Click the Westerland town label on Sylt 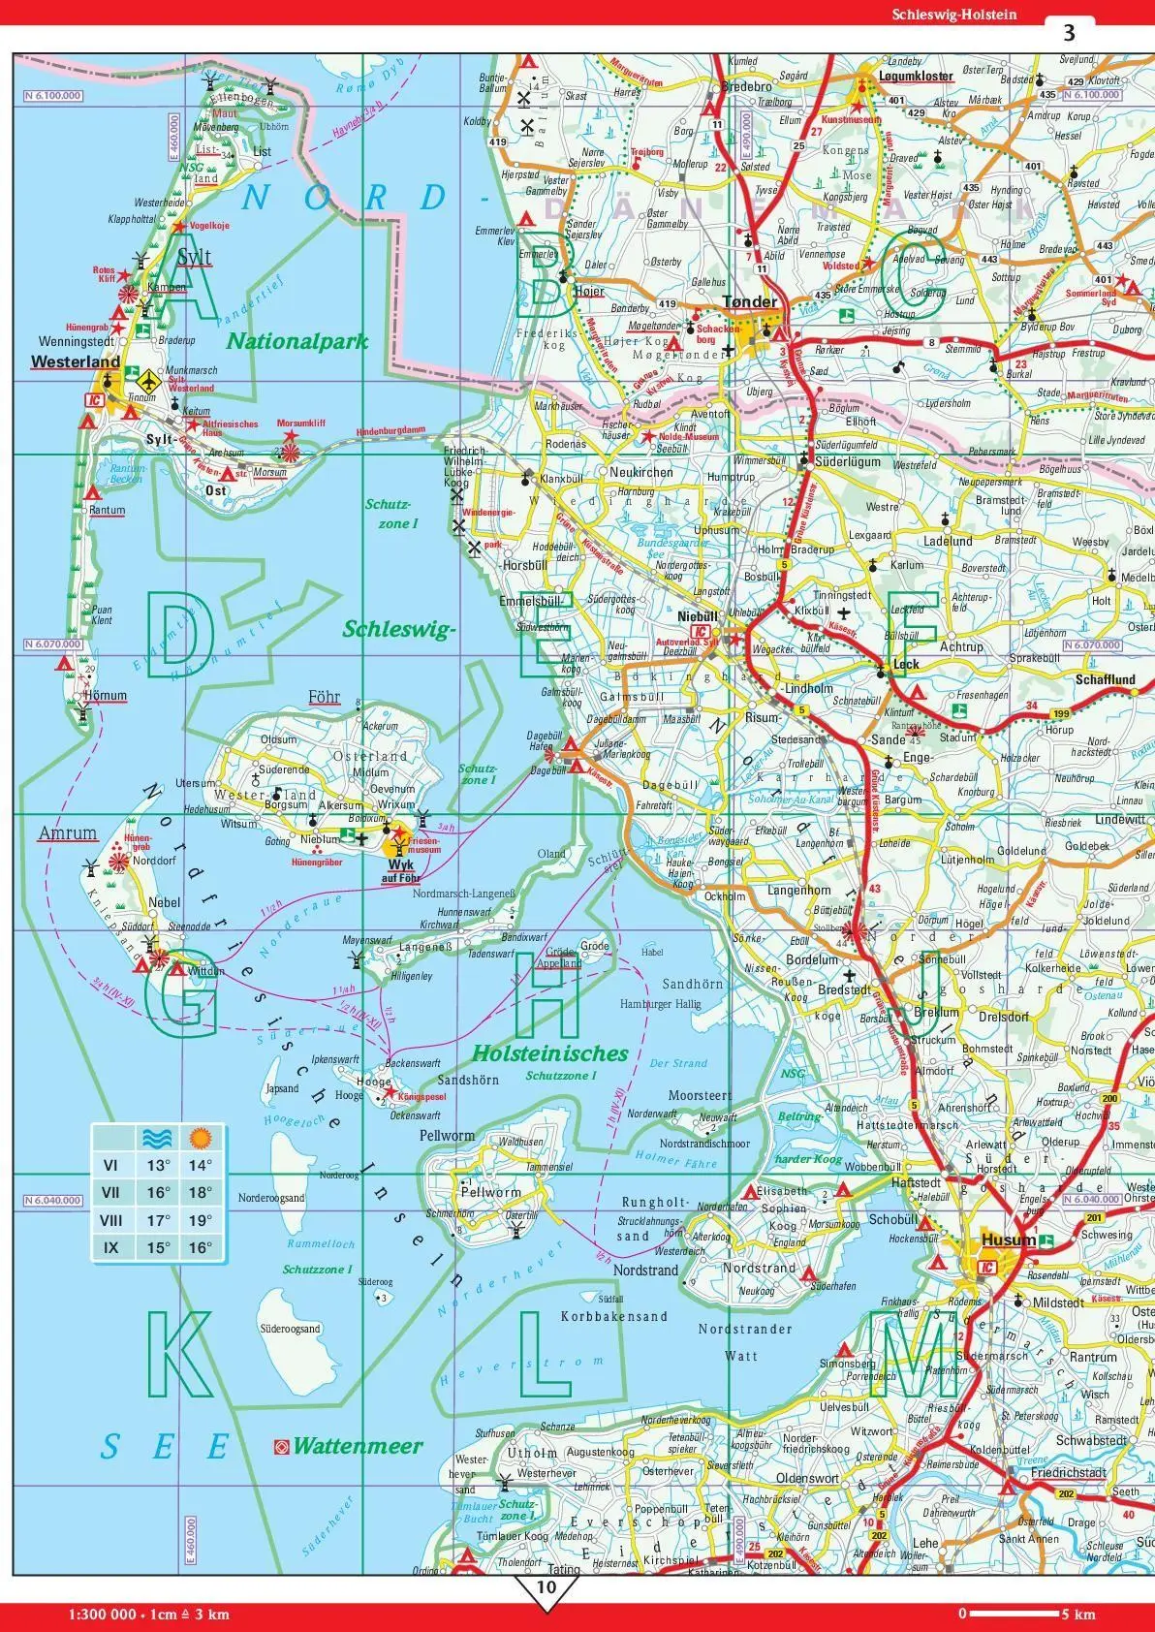(x=76, y=362)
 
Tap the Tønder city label (x=749, y=302)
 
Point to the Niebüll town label (x=698, y=616)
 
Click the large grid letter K (x=180, y=1350)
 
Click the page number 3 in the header (x=1069, y=33)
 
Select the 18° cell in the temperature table (x=200, y=1193)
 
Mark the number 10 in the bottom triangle (x=546, y=1586)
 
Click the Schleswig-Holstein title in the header (x=956, y=13)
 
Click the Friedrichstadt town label (x=1069, y=1472)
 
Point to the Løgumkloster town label (x=916, y=76)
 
